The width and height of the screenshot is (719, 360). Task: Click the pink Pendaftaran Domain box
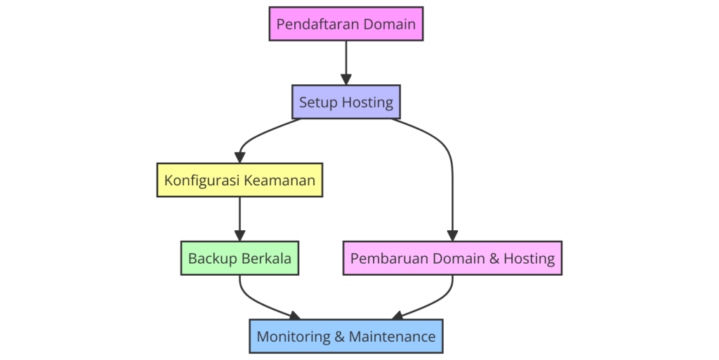(345, 24)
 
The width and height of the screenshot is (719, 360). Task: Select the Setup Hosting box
(345, 102)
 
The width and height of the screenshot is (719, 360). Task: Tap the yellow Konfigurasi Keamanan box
(239, 180)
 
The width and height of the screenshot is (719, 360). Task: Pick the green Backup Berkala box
(239, 258)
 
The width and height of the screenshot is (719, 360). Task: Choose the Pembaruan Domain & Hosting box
(452, 258)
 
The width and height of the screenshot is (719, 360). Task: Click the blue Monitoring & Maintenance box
(345, 336)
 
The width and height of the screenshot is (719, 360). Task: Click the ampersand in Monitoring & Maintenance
(339, 336)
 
